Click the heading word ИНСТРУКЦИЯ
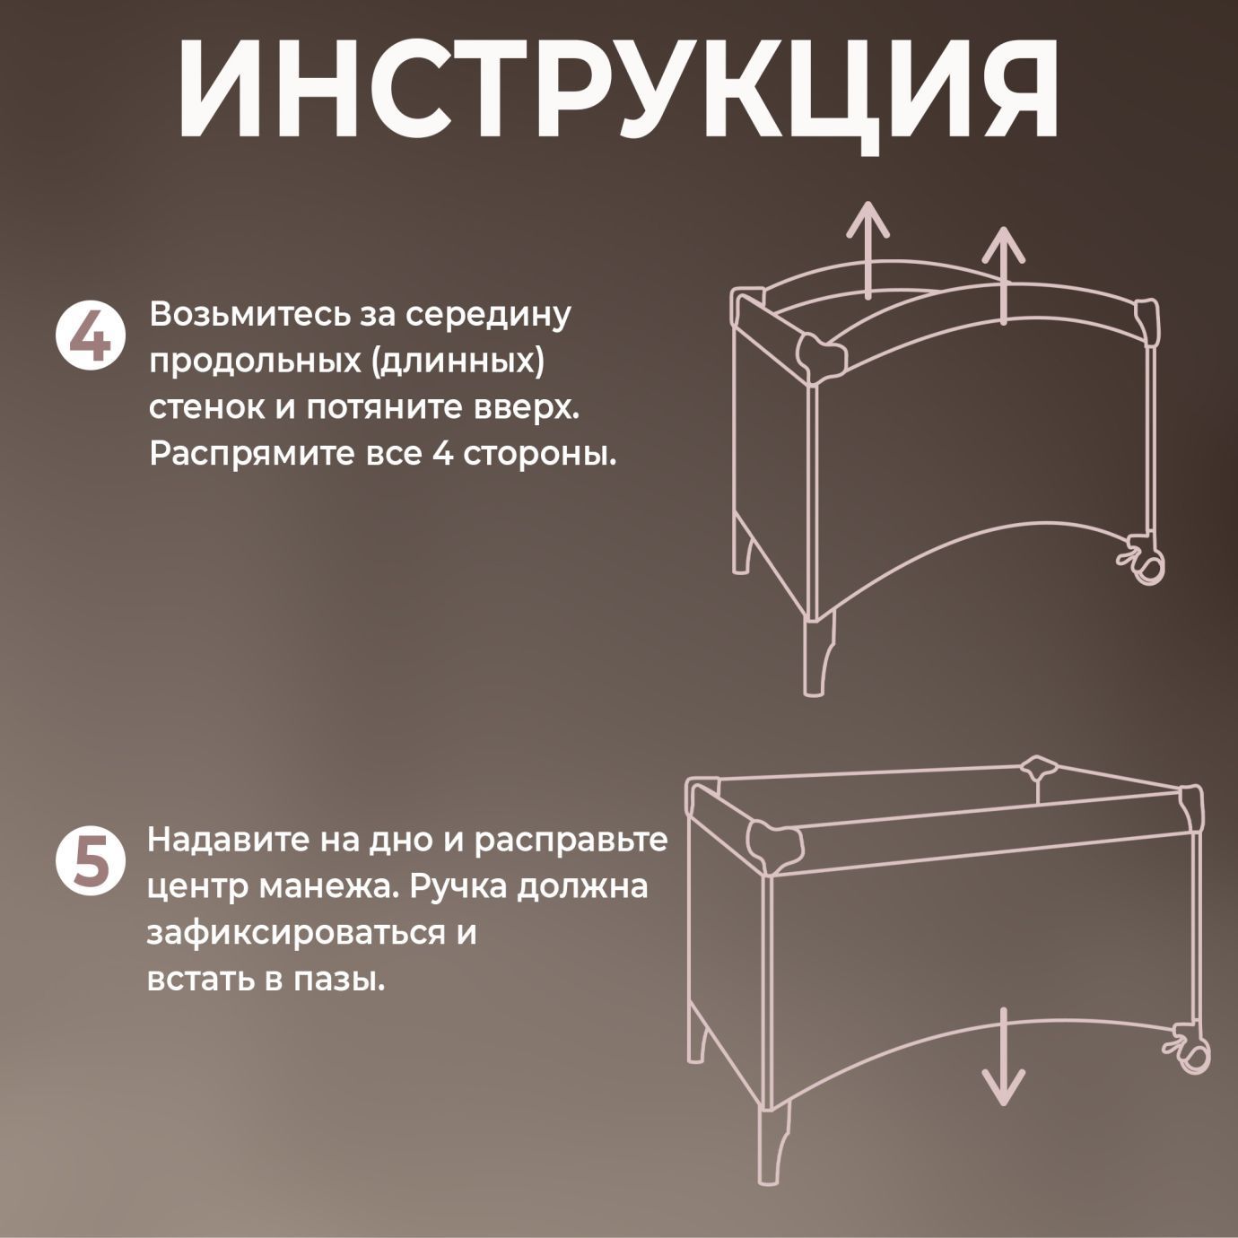point(619,90)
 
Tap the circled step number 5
point(87,861)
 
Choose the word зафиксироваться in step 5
point(296,934)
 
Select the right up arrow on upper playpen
point(1003,274)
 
